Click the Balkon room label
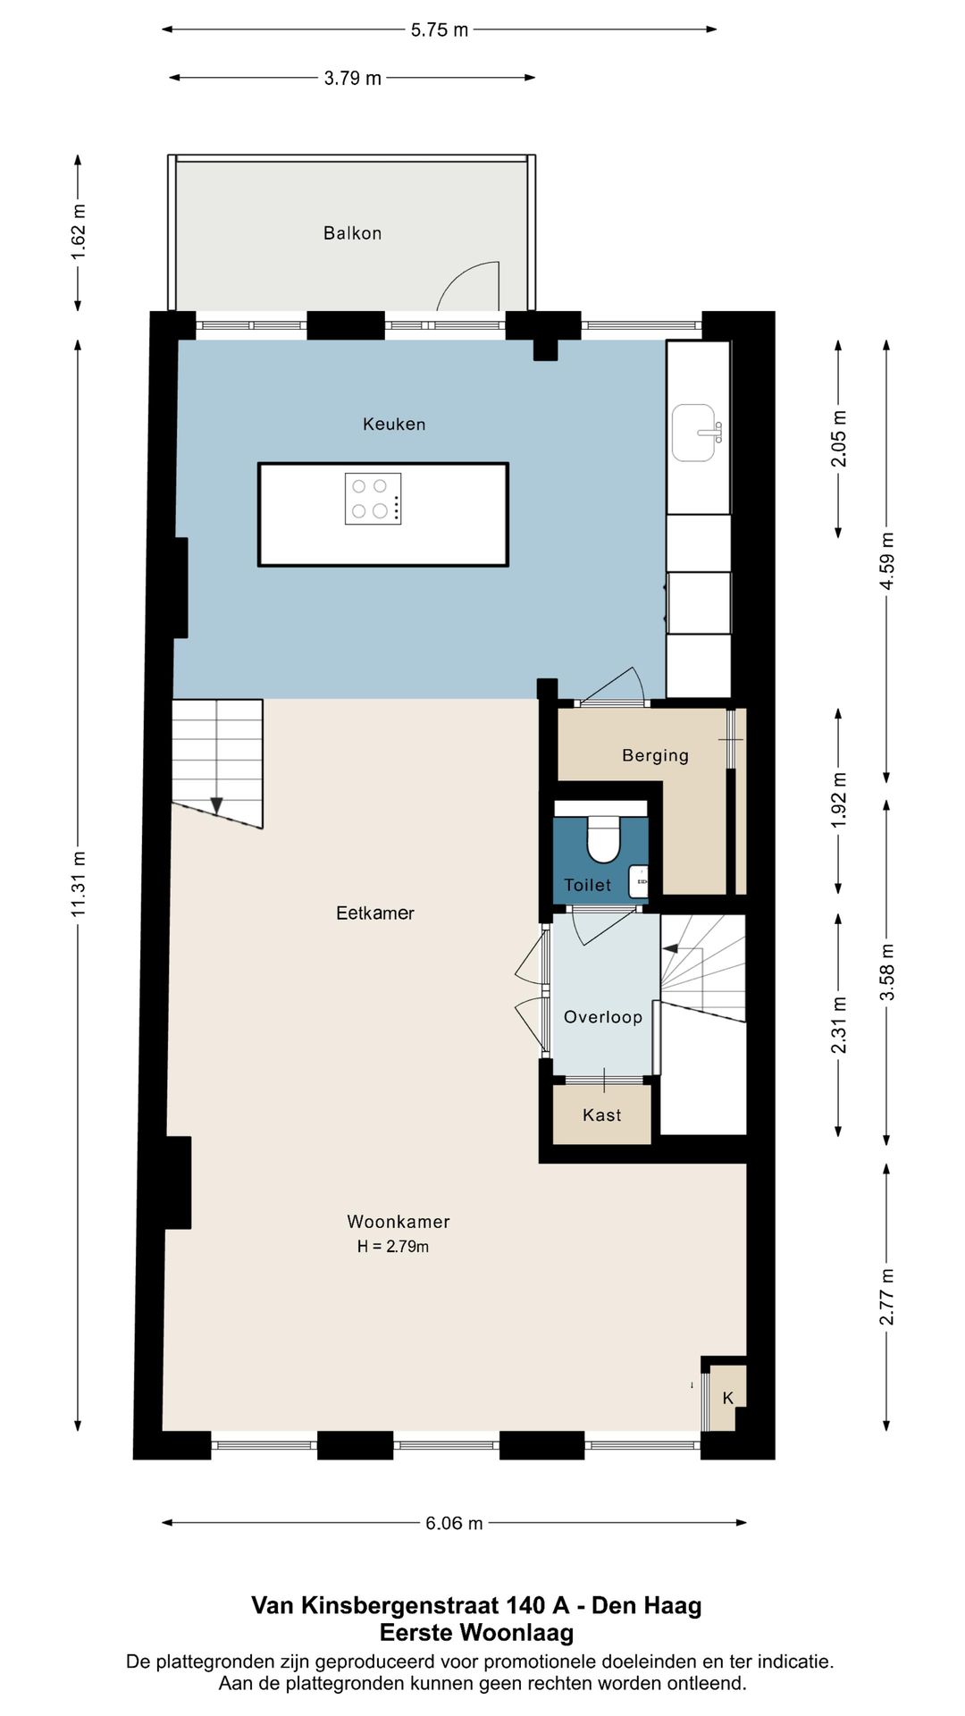coord(352,233)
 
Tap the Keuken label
coord(394,424)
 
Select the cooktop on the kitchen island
coord(373,499)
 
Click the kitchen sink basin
coord(694,433)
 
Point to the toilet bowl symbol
coord(603,838)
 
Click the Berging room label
coord(655,755)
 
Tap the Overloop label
coord(603,1017)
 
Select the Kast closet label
coord(601,1115)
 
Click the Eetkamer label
coord(375,913)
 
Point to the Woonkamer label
coord(399,1221)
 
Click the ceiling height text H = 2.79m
coord(393,1246)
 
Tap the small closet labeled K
coord(727,1398)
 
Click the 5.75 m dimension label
coord(440,29)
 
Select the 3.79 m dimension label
coord(353,78)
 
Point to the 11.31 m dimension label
coord(79,883)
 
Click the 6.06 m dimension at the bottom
coord(454,1523)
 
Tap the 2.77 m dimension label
coord(886,1297)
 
